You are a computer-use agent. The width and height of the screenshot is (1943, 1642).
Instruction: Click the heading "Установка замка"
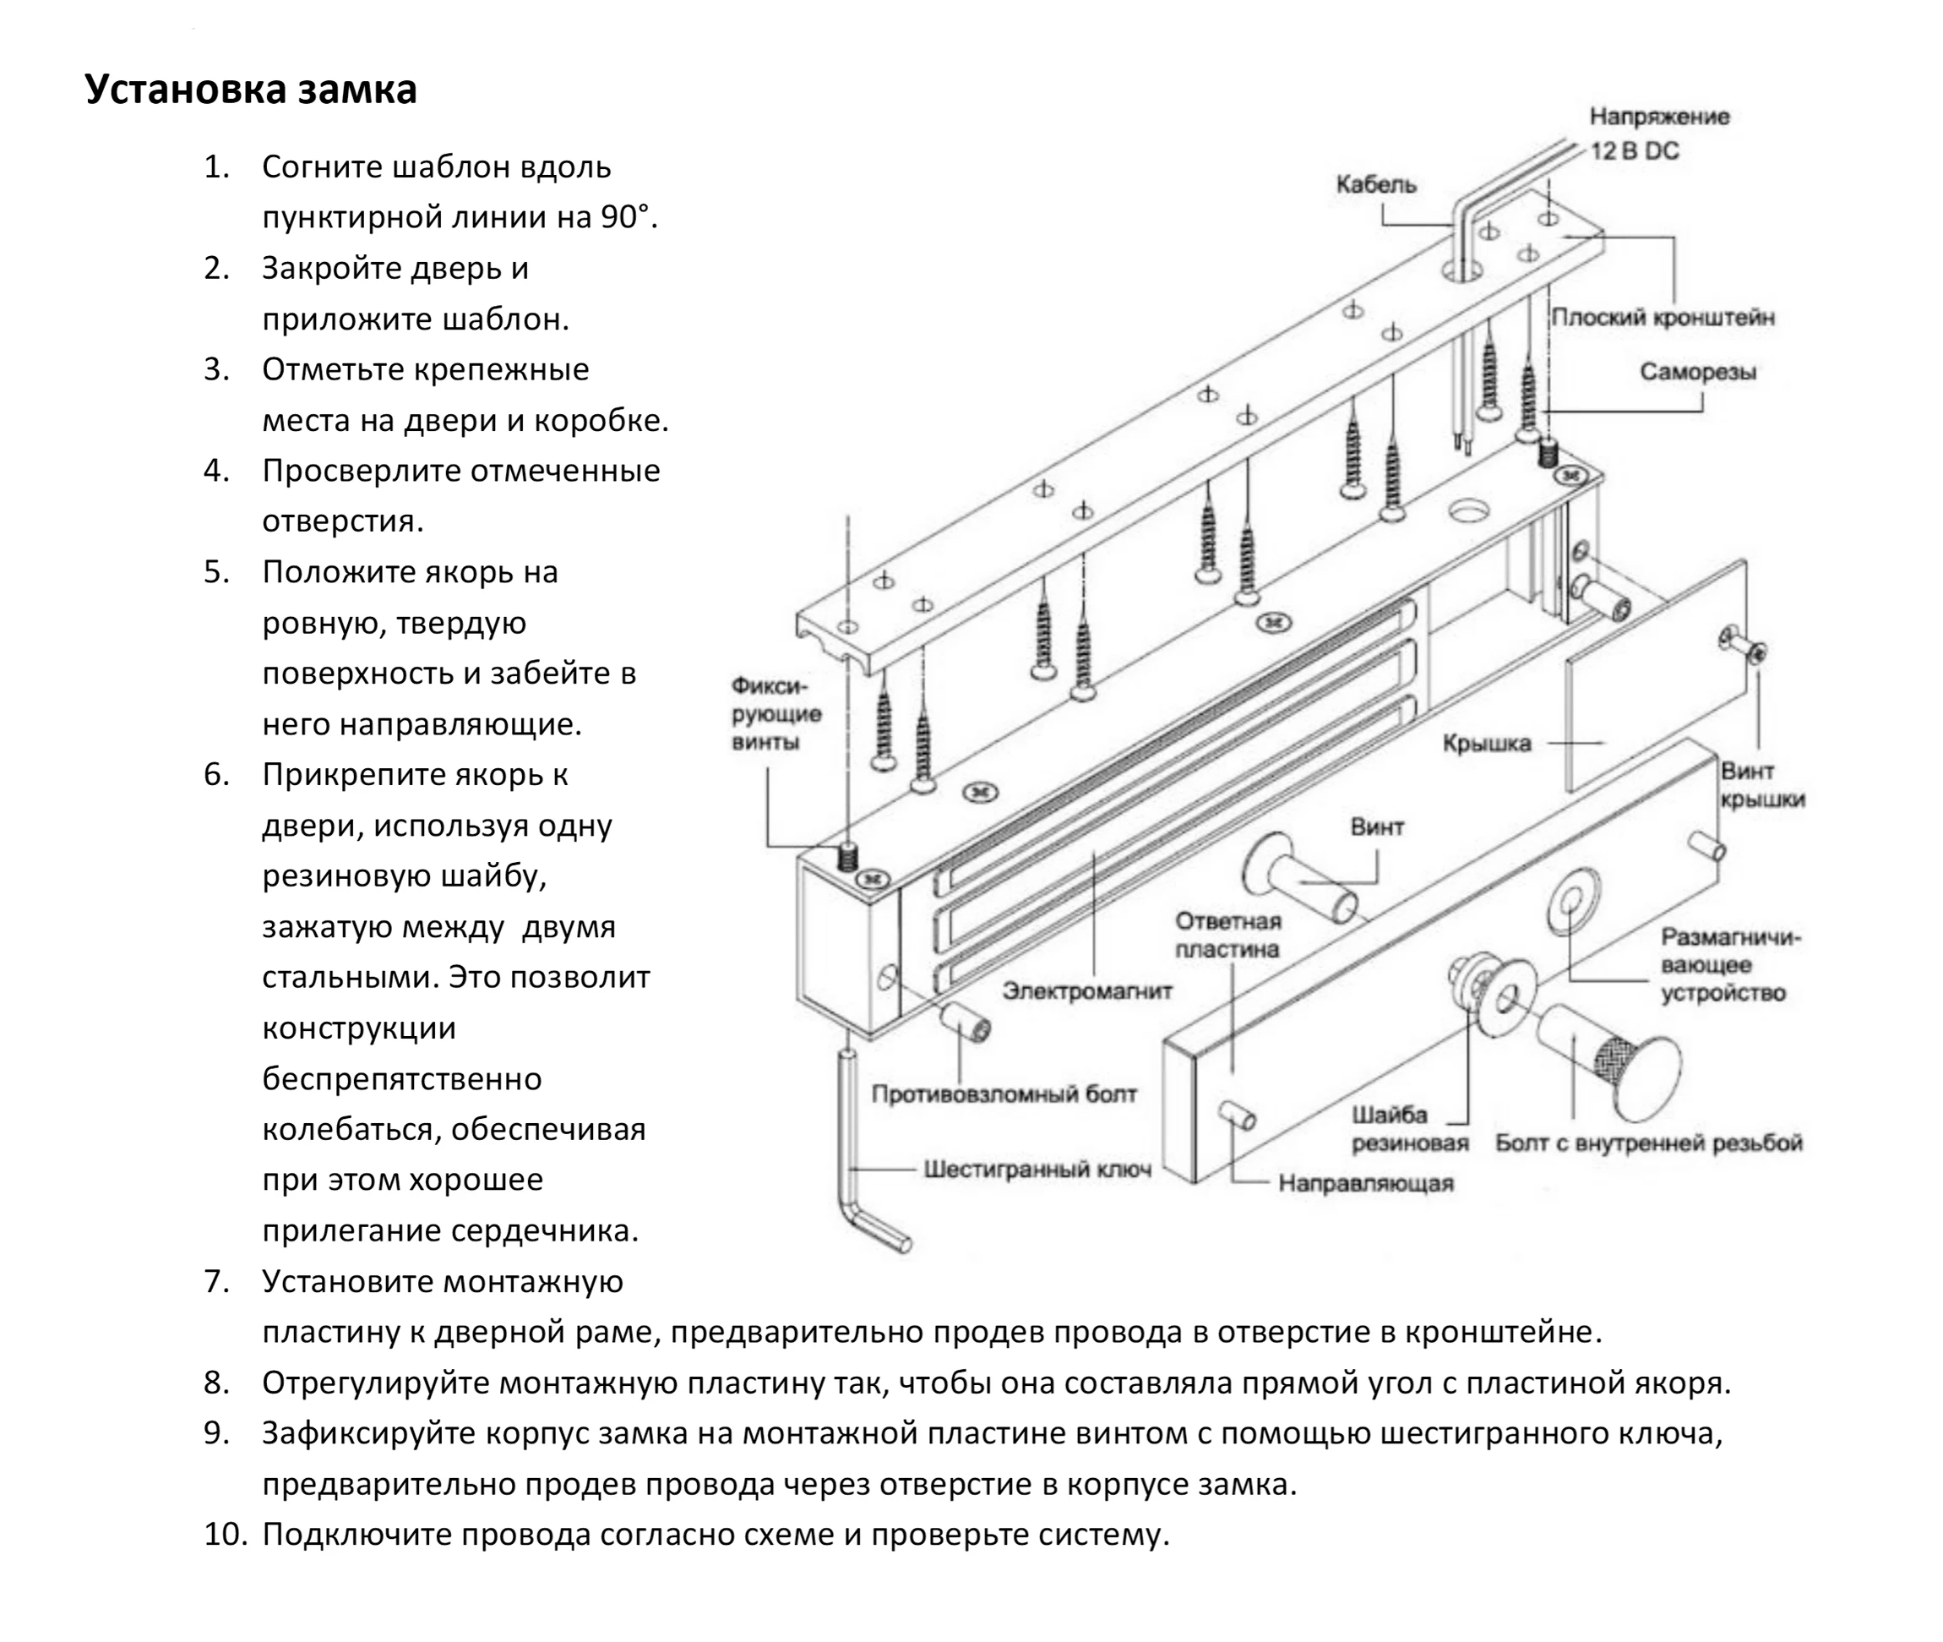250,90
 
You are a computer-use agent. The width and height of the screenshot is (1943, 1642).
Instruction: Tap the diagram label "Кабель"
1375,184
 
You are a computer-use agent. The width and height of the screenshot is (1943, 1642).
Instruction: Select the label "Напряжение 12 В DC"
1657,134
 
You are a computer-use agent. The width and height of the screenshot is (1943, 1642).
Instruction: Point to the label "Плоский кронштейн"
1662,318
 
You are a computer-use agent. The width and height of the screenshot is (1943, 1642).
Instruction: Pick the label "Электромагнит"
1087,991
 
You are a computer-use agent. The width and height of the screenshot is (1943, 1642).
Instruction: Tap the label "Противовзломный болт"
1003,1094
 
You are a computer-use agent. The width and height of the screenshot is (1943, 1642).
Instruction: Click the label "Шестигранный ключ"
1037,1169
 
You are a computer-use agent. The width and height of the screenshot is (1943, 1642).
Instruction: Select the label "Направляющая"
1365,1183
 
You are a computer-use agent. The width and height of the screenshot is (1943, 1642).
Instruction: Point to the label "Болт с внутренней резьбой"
1648,1143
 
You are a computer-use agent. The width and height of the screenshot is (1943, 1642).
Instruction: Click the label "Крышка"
1486,743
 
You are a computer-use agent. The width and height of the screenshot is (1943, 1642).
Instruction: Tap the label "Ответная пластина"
1227,935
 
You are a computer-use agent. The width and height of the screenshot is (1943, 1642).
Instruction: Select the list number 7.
217,1282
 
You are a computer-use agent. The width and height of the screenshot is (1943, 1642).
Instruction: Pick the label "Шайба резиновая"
1409,1128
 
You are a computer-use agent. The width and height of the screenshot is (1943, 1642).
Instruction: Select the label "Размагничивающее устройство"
1730,964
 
